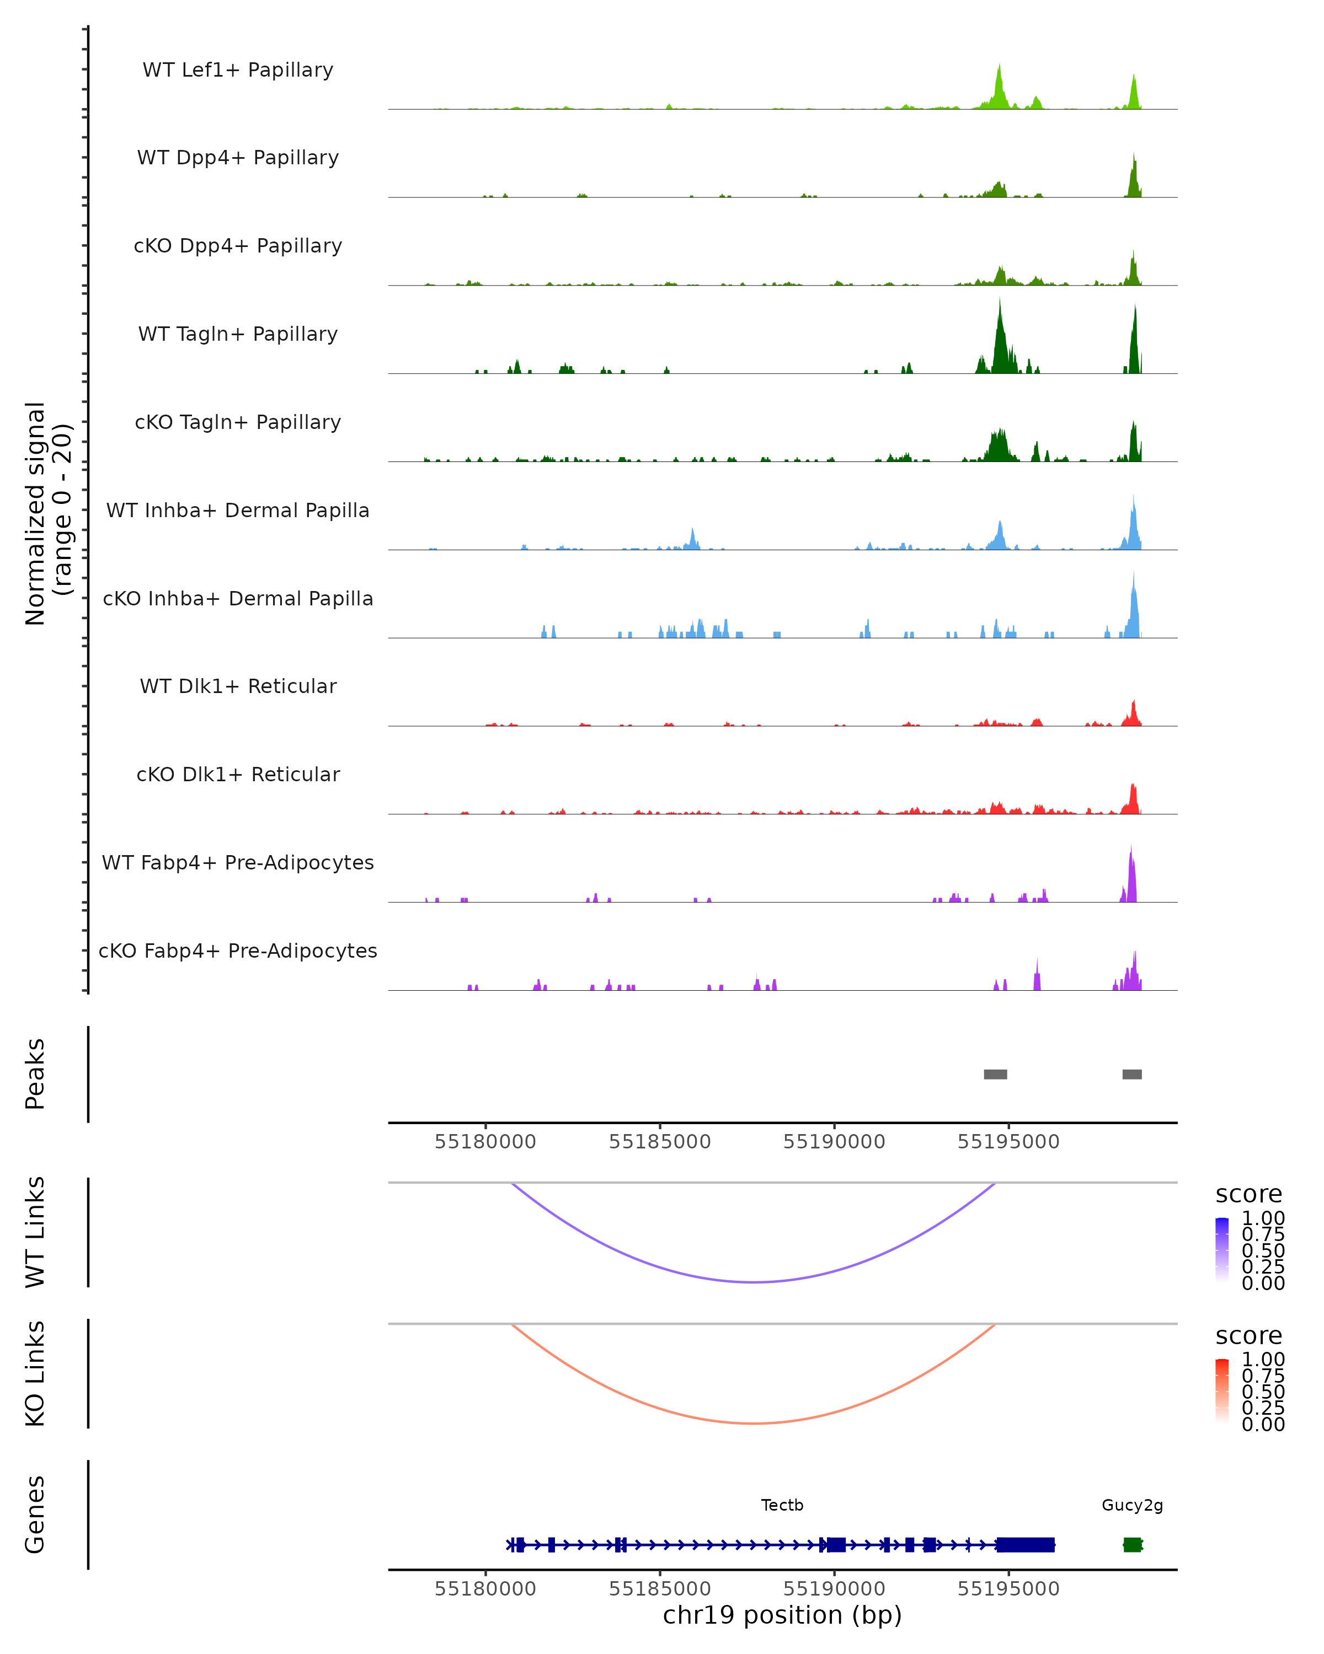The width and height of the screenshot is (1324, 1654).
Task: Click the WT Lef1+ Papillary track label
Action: [x=238, y=70]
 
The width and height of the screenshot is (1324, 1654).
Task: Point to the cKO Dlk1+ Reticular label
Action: [x=238, y=774]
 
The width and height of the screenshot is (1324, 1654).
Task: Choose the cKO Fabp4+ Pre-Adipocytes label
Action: [x=238, y=950]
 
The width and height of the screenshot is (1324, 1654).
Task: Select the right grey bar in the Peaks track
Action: [x=1131, y=1074]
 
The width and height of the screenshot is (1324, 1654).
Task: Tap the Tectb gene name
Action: [x=782, y=1505]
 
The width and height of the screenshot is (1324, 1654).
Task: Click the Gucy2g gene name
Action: [x=1132, y=1505]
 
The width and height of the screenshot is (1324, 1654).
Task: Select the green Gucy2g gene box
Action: [x=1132, y=1544]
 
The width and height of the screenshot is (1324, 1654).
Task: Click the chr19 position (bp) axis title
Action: [x=782, y=1615]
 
